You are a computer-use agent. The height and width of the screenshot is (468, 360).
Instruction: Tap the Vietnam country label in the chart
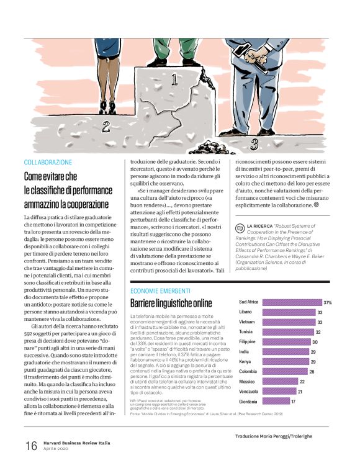pos(247,322)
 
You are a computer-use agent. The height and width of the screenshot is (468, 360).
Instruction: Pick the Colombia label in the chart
pos(248,372)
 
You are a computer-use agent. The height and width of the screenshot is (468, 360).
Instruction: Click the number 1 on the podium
pos(174,79)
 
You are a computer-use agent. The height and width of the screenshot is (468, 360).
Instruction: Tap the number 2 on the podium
pos(106,127)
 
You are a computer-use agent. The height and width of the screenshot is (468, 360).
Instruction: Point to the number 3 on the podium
pos(253,145)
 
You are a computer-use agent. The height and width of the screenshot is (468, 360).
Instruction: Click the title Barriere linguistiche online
pos(171,303)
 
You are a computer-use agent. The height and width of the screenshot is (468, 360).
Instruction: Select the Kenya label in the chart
pos(246,362)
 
